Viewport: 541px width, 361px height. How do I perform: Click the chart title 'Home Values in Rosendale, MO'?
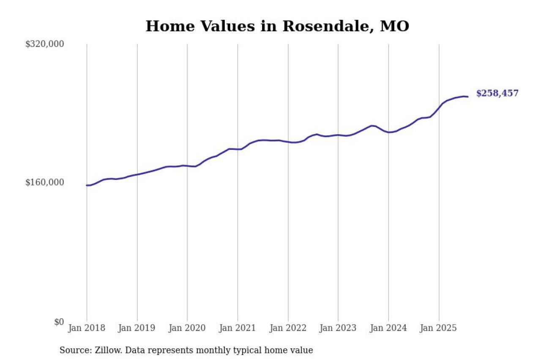click(x=277, y=26)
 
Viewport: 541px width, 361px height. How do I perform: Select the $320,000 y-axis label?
click(x=44, y=44)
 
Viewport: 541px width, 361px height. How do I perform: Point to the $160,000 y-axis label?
click(x=44, y=182)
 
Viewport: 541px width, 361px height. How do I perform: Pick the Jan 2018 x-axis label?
click(x=87, y=328)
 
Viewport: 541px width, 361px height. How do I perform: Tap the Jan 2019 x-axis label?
click(x=137, y=328)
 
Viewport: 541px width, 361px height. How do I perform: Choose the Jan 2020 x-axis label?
click(x=187, y=328)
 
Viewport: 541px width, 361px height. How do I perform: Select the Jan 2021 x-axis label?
click(x=238, y=328)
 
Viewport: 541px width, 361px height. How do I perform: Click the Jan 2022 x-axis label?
click(x=288, y=328)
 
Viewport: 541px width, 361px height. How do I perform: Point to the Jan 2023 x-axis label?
click(x=338, y=328)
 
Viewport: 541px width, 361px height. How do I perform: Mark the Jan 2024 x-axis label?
click(x=388, y=328)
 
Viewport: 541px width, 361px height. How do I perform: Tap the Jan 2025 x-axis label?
click(x=439, y=328)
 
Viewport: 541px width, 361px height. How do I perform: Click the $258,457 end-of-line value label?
click(x=497, y=94)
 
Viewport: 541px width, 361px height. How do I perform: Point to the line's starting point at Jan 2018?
click(x=87, y=185)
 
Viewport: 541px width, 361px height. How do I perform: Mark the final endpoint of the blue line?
click(x=467, y=97)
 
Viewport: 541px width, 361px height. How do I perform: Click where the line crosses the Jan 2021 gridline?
click(x=238, y=149)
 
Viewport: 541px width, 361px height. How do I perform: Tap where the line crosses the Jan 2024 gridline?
click(x=388, y=132)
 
